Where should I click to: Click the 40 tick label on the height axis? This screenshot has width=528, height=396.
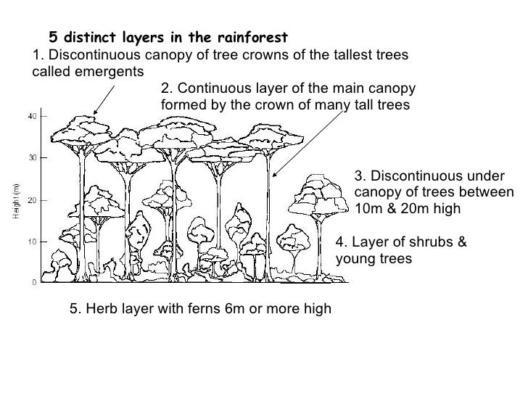coord(33,117)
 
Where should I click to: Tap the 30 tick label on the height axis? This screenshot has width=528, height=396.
coord(33,157)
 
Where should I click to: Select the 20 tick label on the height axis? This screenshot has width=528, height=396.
coord(33,199)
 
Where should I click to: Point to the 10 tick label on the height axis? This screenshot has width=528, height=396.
coord(33,242)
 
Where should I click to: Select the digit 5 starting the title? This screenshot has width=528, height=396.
coord(52,36)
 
